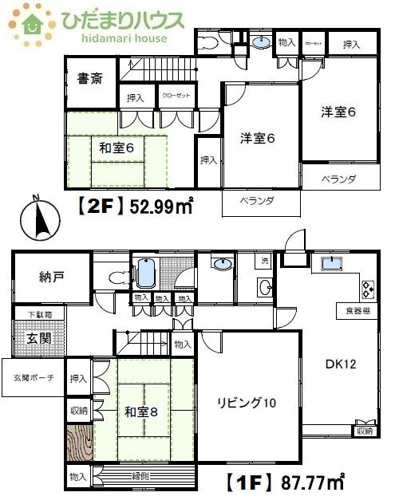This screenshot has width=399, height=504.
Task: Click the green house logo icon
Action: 34,23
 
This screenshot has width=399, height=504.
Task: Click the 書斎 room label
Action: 89,79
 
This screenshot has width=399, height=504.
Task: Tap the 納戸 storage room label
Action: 50,278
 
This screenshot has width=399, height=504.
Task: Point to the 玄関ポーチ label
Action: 33,377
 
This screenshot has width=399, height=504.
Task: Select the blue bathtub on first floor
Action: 145,273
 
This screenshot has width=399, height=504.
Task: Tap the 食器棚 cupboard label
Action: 358,309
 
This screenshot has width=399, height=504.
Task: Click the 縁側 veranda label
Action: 140,475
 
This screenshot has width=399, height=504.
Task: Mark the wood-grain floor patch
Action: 79,445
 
